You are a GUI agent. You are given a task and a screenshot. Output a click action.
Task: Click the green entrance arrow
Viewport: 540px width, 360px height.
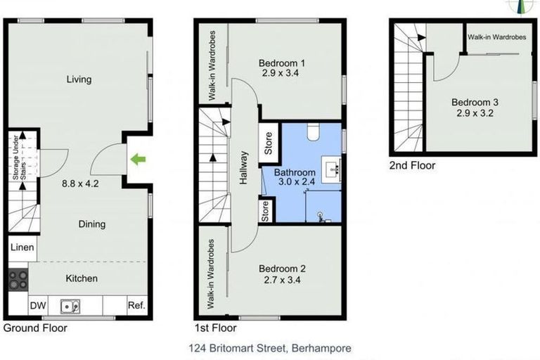[x=138, y=160]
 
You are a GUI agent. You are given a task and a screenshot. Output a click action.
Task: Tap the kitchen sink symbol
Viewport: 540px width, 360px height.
[x=70, y=306]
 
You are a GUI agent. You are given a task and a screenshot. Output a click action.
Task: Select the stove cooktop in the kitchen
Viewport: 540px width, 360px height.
[x=18, y=279]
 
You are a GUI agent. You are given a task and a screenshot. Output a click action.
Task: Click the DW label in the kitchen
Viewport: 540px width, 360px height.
[x=37, y=306]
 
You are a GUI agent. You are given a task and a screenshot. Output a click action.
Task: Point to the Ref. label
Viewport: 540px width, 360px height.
[x=136, y=306]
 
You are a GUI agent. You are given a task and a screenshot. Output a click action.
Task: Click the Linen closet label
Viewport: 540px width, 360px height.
[x=22, y=247]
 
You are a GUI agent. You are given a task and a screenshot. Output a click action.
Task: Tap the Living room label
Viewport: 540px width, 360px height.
[x=79, y=79]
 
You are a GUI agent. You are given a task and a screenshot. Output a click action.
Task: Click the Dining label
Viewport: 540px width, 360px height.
[x=91, y=224]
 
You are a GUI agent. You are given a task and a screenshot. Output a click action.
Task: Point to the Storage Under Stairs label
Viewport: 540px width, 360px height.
[x=20, y=162]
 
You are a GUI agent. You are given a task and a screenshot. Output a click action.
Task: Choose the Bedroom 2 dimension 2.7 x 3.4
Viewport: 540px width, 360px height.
[x=282, y=280]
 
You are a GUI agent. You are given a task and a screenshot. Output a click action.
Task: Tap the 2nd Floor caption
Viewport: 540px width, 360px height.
[x=413, y=166]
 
